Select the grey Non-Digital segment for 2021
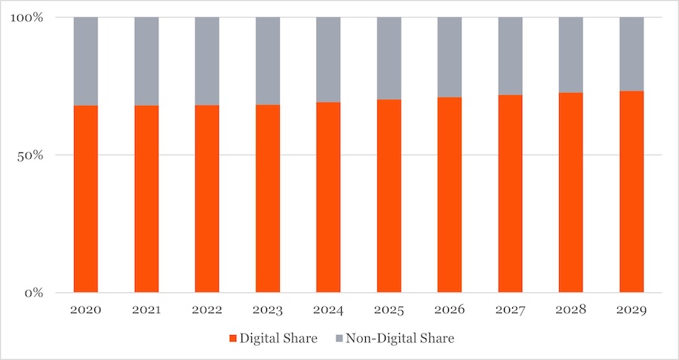point(146,61)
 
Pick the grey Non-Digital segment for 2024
point(328,60)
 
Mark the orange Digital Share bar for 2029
point(631,192)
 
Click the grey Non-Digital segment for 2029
point(631,54)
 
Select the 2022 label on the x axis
point(207,309)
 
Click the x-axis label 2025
point(389,309)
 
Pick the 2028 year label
point(570,309)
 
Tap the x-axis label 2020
point(86,309)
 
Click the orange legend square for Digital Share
point(232,339)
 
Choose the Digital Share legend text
point(278,339)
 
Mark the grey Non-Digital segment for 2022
point(207,61)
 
